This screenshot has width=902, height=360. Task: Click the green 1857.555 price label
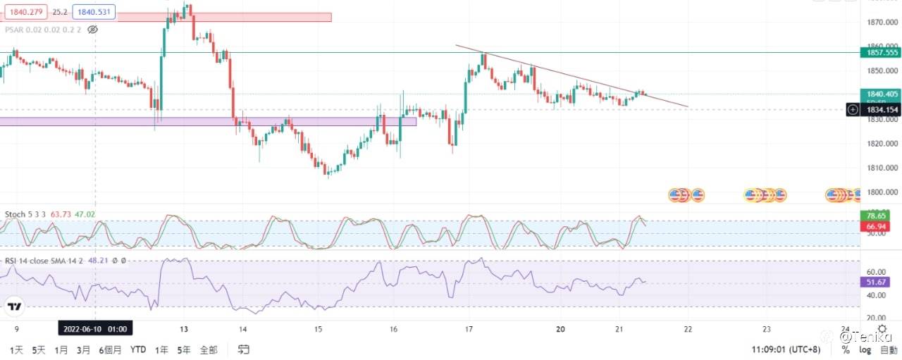(881, 52)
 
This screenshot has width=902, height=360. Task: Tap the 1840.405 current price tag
(881, 94)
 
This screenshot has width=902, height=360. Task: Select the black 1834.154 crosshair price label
(881, 109)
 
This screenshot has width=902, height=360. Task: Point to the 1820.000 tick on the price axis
(881, 144)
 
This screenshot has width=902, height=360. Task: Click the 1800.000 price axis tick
(881, 192)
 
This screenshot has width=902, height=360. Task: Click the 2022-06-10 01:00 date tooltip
(95, 328)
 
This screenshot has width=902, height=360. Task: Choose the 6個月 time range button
(111, 349)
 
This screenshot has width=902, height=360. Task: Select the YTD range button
(138, 349)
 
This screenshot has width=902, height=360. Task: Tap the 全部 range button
(209, 349)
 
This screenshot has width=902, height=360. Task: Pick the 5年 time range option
(184, 349)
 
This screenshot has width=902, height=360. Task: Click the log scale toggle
(865, 349)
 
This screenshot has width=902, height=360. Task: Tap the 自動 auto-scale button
(888, 349)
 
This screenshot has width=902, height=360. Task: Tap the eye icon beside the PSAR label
(92, 30)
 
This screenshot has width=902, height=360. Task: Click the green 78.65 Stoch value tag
(881, 216)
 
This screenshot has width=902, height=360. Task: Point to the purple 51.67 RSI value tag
(881, 282)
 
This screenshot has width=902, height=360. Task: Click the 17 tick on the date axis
(469, 328)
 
